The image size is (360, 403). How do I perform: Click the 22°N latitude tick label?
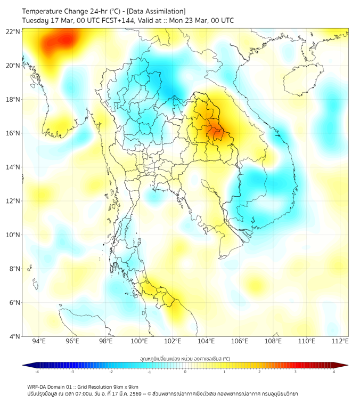coord(13,31)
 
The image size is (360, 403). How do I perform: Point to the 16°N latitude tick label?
coord(13,133)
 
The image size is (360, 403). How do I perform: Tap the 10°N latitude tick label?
coord(13,235)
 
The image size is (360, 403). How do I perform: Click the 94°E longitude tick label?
coord(39,341)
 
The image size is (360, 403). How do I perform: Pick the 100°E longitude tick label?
coord(140,341)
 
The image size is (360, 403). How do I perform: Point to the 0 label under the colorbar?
coord(185,372)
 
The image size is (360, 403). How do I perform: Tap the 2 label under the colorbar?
coord(260,372)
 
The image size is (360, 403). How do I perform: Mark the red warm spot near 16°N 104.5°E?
coord(215,131)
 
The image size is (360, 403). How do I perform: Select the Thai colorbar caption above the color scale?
coord(185,359)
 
